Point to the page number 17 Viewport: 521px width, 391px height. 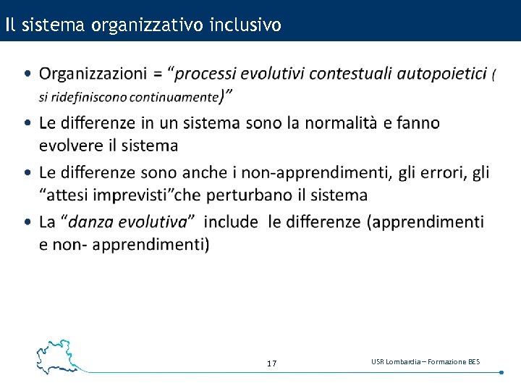271,363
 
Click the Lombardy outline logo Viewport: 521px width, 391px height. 56,356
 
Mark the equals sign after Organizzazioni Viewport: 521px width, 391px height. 156,74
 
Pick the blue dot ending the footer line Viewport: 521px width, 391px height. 501,372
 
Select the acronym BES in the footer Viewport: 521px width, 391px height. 473,361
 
